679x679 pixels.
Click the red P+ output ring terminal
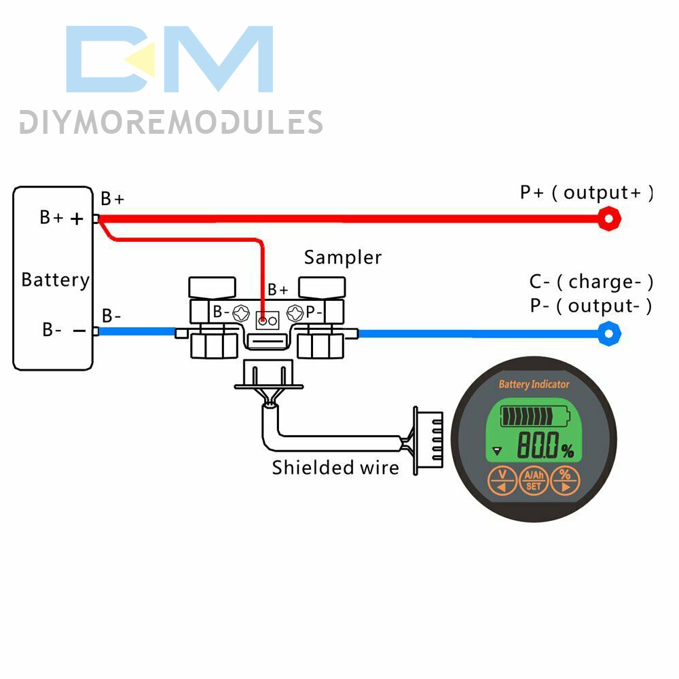point(610,219)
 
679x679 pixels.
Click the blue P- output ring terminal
point(609,333)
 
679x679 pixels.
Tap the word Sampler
point(342,257)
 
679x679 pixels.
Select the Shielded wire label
point(335,467)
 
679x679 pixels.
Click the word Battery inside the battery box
point(55,280)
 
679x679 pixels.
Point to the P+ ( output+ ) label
point(587,192)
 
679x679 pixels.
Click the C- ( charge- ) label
point(591,281)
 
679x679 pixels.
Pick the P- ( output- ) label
point(591,306)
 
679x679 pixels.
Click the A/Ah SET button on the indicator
point(534,481)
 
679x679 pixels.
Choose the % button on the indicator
point(565,480)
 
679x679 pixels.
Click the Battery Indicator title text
point(534,384)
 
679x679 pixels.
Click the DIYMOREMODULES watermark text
point(170,122)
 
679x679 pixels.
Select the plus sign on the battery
point(78,219)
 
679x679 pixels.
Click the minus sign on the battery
point(79,331)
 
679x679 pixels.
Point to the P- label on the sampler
point(314,312)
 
